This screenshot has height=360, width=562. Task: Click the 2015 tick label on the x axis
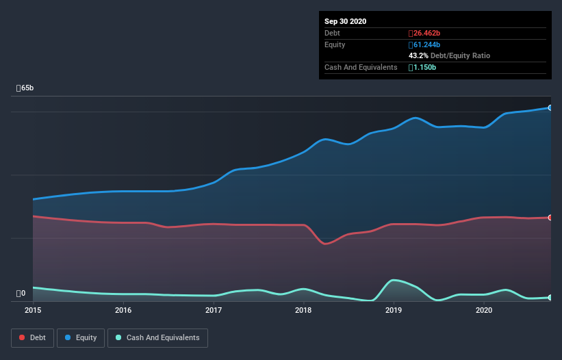[33, 310]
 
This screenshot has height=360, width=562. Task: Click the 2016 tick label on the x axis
[123, 310]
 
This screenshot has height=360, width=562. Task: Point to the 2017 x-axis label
[214, 310]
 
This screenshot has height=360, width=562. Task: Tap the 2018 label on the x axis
[303, 310]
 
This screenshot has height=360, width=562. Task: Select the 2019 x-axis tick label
[394, 310]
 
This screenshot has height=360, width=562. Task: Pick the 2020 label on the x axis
[484, 310]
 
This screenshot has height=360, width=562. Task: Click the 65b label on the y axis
[25, 88]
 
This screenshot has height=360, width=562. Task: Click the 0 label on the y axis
[21, 294]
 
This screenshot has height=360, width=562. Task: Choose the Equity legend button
[81, 337]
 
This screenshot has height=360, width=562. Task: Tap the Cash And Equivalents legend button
[157, 337]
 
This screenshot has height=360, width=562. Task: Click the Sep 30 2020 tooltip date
[346, 21]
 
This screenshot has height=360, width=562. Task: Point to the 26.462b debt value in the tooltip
[424, 33]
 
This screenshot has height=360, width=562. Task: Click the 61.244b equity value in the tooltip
[424, 44]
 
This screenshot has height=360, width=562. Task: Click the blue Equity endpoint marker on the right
[550, 107]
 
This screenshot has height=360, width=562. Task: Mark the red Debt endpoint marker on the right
[550, 218]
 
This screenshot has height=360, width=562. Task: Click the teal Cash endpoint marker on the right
[550, 297]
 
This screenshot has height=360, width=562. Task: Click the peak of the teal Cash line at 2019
[394, 280]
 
